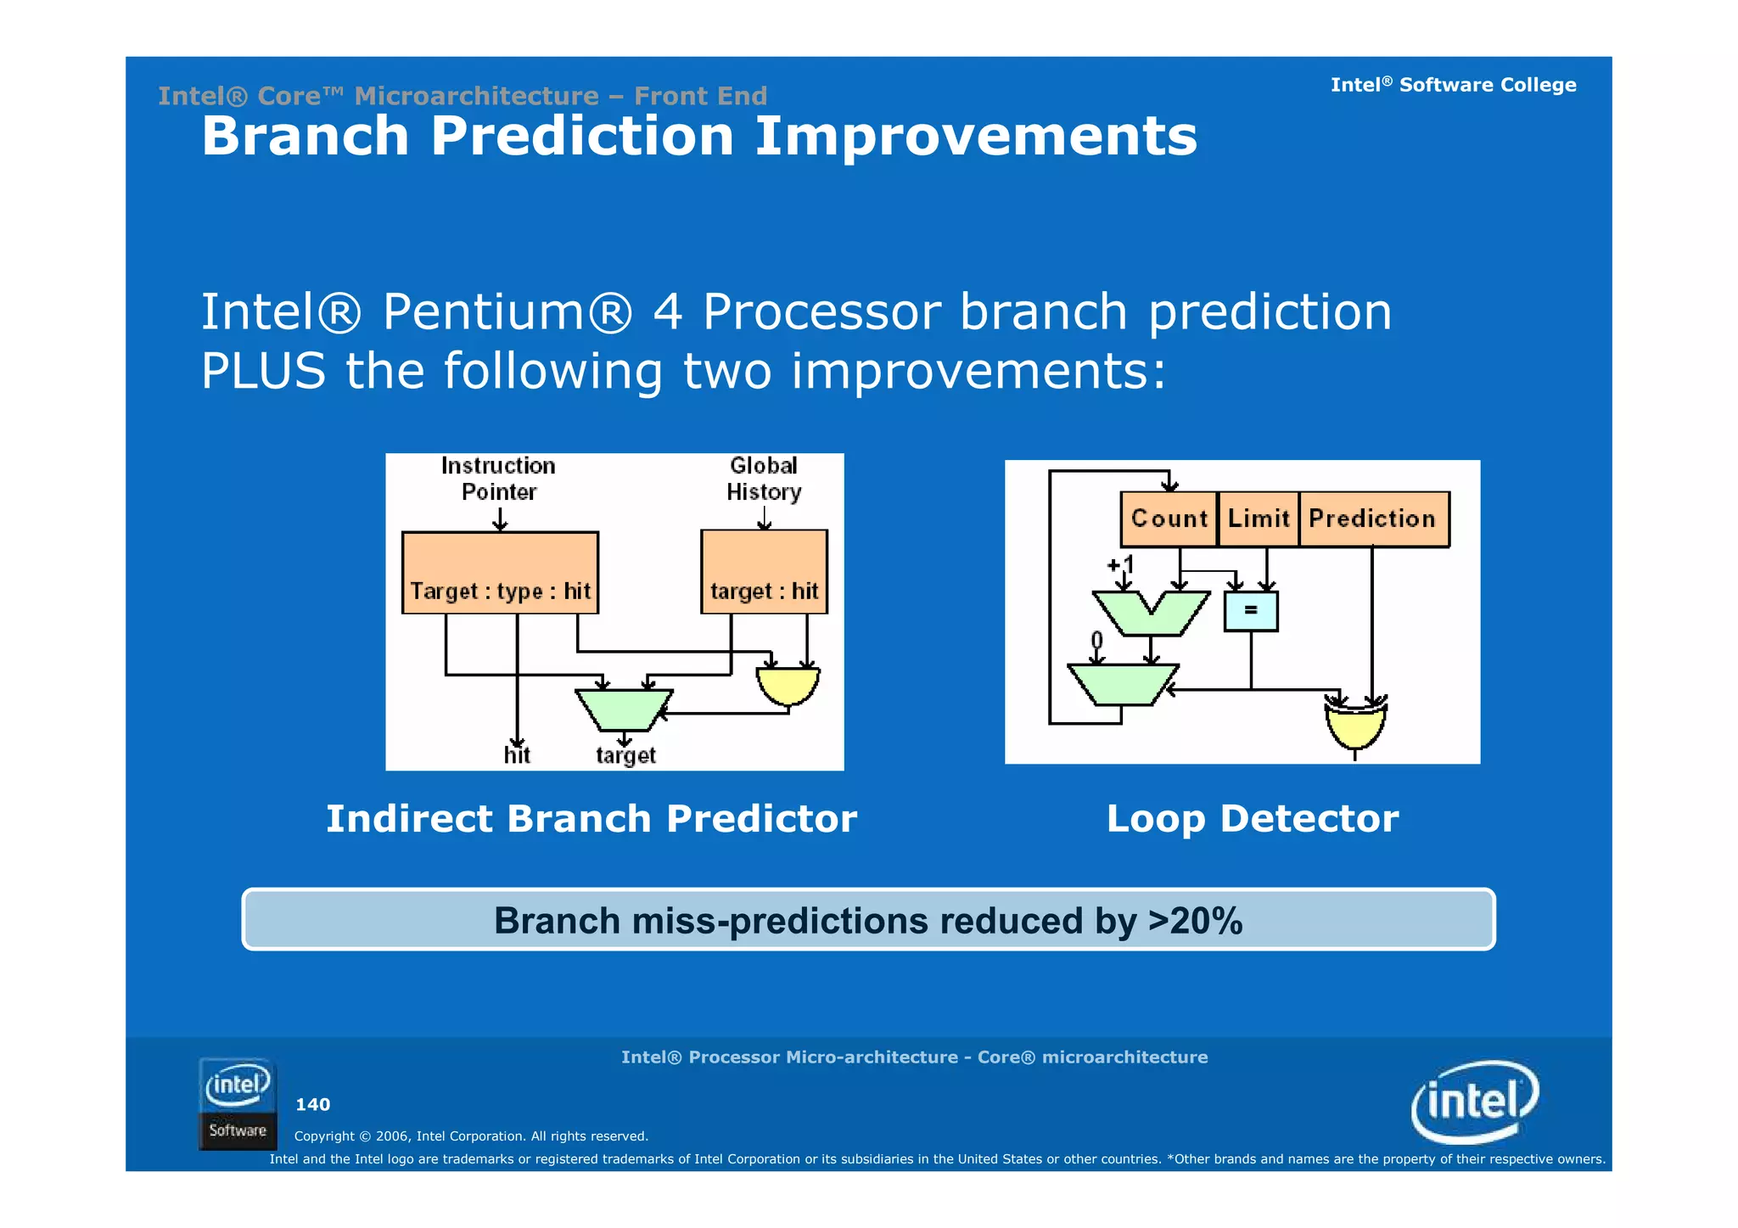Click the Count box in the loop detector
1169,519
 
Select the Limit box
1258,519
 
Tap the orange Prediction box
1373,519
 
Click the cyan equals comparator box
1250,610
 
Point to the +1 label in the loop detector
1120,564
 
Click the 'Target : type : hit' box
500,573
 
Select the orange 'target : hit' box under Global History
764,572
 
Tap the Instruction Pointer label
498,479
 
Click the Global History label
764,479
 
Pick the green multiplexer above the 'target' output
624,709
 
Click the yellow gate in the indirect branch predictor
788,685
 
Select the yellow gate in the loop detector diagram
1355,726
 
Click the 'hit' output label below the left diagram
517,755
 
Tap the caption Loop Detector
1252,819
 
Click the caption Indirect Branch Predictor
591,819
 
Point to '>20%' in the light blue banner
1195,921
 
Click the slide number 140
312,1104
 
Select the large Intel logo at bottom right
1474,1102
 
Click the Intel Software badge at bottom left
238,1103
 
